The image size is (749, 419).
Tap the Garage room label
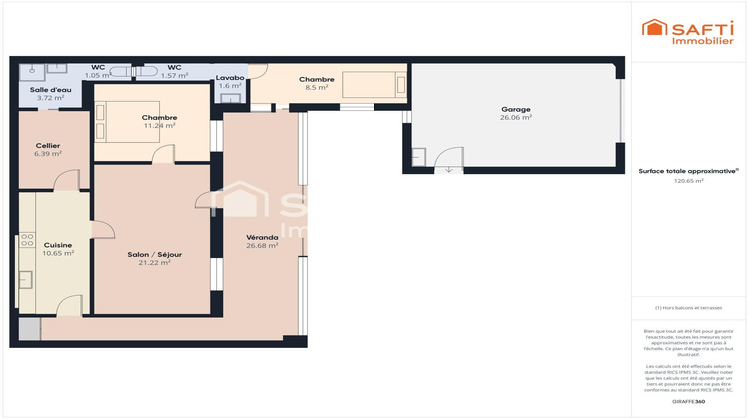(515, 109)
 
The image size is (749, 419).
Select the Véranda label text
(262, 238)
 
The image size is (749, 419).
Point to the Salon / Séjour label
(154, 254)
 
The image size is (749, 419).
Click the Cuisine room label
(58, 244)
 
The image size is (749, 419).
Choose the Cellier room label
(48, 146)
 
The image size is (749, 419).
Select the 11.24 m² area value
(159, 126)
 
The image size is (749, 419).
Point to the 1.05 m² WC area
(98, 75)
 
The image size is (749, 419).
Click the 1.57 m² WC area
(175, 75)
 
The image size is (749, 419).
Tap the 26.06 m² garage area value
(515, 118)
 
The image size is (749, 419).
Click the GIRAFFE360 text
(687, 400)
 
